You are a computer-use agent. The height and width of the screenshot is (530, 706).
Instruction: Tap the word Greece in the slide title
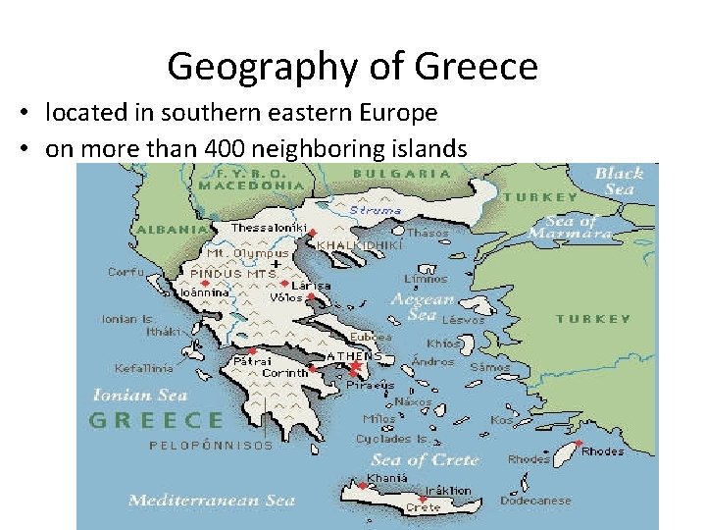(x=477, y=68)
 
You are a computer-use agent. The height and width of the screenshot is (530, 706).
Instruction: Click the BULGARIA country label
(x=402, y=174)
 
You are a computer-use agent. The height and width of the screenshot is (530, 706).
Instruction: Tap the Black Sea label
(x=619, y=181)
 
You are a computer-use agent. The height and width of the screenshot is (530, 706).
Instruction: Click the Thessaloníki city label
(x=269, y=228)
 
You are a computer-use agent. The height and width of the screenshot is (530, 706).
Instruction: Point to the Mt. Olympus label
(x=233, y=253)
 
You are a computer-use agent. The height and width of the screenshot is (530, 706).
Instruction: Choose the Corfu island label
(x=125, y=272)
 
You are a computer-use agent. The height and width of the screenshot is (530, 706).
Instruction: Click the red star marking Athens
(x=354, y=368)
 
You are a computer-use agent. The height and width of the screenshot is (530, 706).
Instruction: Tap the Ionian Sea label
(x=139, y=396)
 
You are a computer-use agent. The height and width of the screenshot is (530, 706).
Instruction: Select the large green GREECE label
(x=157, y=421)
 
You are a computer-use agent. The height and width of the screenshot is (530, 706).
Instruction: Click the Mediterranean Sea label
(x=212, y=501)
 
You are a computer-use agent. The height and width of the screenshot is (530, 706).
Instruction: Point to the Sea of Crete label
(x=425, y=459)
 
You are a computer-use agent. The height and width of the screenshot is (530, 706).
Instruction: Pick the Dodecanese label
(x=534, y=501)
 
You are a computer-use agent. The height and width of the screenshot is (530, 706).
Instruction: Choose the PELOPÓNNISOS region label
(x=211, y=446)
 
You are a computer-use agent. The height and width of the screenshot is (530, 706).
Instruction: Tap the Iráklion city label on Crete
(x=447, y=490)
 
